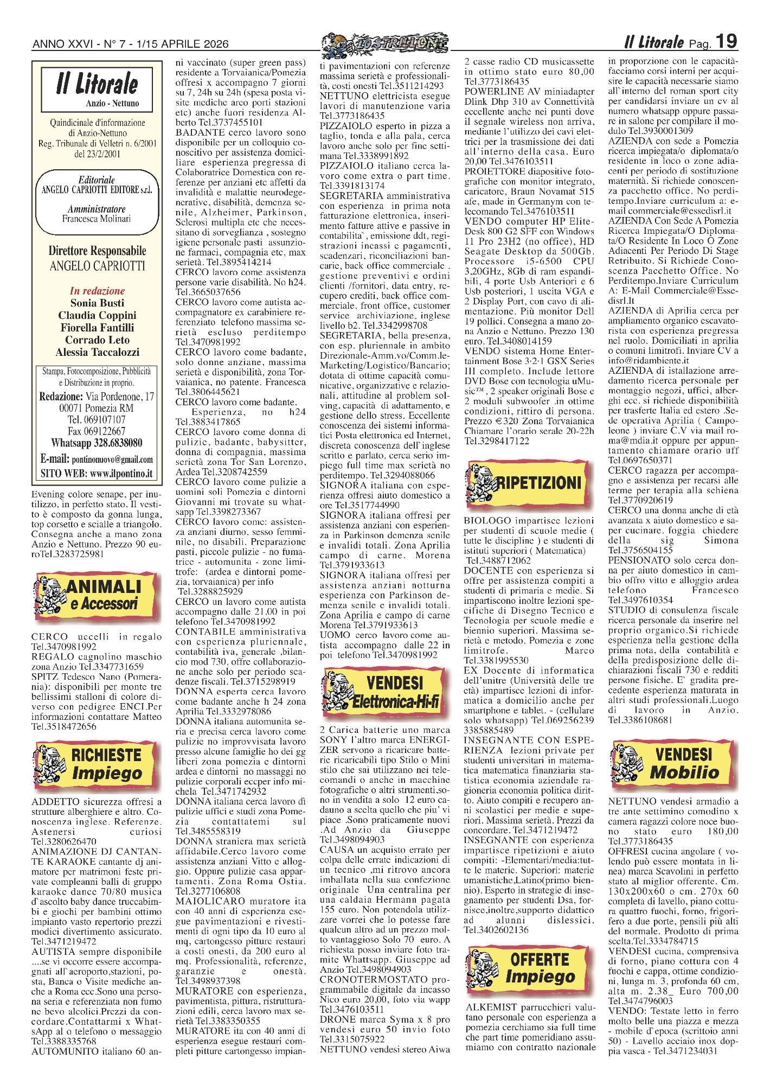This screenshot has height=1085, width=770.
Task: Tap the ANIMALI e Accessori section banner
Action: pos(97,595)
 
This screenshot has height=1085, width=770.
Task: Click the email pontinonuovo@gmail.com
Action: pos(112,459)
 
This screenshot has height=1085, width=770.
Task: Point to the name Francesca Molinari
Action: pos(97,219)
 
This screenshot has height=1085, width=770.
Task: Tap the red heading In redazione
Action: pos(97,291)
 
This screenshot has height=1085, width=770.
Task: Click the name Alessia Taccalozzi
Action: pos(97,352)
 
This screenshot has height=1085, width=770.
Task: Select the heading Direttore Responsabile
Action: pos(97,251)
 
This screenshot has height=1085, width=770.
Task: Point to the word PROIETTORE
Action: pos(491,171)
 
